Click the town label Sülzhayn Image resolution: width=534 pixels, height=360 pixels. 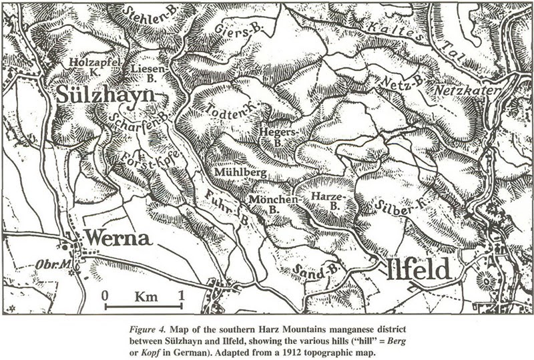pos(105,95)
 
